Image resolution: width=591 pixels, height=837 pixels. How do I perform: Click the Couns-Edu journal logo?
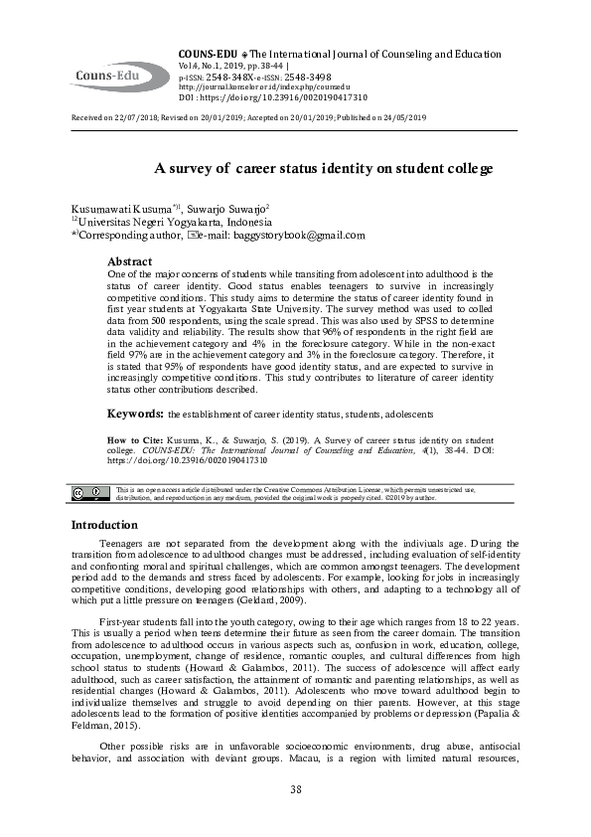[x=117, y=75]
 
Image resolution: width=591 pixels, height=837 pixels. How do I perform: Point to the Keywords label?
[x=135, y=412]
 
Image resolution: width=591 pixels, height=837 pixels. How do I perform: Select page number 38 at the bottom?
[x=295, y=789]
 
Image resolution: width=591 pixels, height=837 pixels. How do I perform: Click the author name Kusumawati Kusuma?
[x=109, y=211]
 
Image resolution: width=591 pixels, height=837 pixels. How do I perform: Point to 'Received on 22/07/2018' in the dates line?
[x=111, y=117]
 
